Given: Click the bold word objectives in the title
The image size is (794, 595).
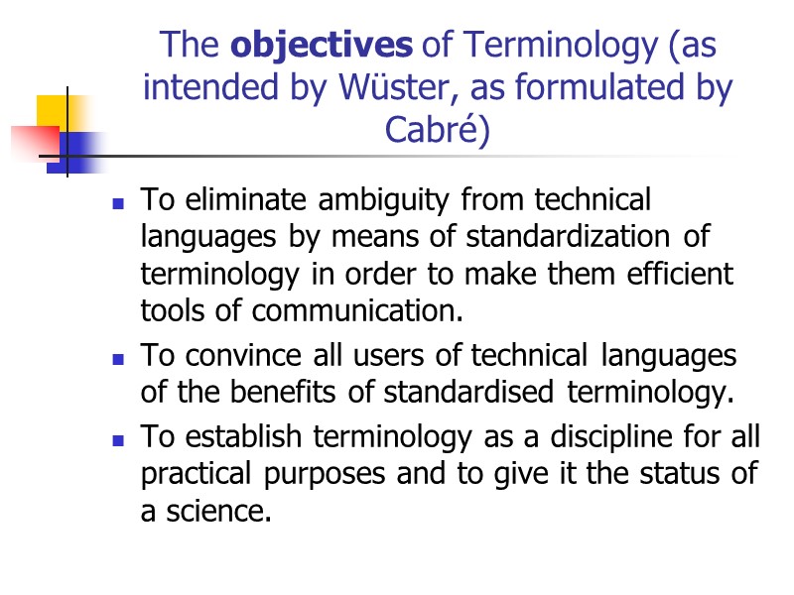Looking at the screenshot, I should (x=321, y=46).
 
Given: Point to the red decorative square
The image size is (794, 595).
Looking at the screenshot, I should (x=32, y=141).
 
